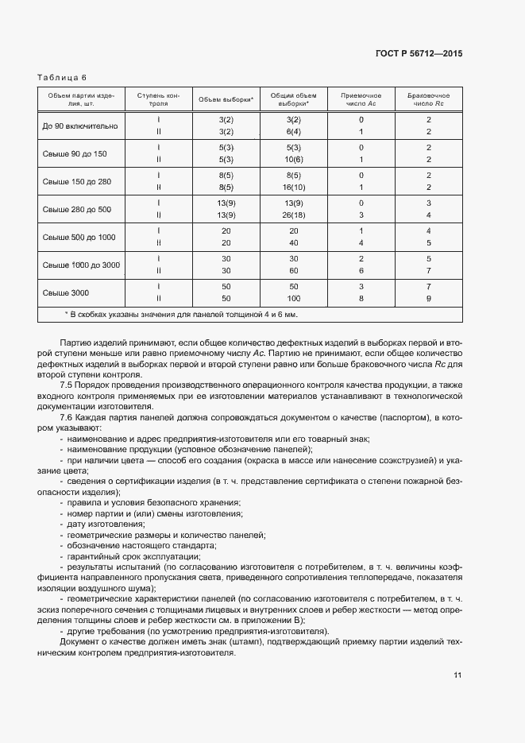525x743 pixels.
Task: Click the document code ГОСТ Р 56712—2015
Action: (419, 53)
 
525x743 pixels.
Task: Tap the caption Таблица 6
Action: (60, 77)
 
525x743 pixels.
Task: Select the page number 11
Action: (457, 675)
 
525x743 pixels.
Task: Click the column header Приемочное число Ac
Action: (361, 99)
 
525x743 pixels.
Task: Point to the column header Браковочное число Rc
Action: (428, 99)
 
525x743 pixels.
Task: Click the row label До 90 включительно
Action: (80, 126)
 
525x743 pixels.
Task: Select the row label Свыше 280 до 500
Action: (77, 209)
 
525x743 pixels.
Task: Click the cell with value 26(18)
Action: (293, 215)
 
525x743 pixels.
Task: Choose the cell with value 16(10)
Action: (293, 187)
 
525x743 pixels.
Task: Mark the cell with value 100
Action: (293, 298)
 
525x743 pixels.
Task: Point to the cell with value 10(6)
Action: (293, 159)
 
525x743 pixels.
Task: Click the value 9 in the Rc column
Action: (428, 298)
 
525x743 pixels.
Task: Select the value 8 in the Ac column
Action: (361, 298)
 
